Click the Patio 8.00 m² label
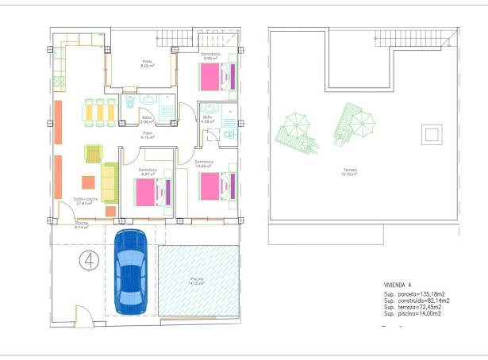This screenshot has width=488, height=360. point(147,64)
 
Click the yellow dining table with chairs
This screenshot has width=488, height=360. point(100,112)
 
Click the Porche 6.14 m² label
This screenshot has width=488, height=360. point(82,225)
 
